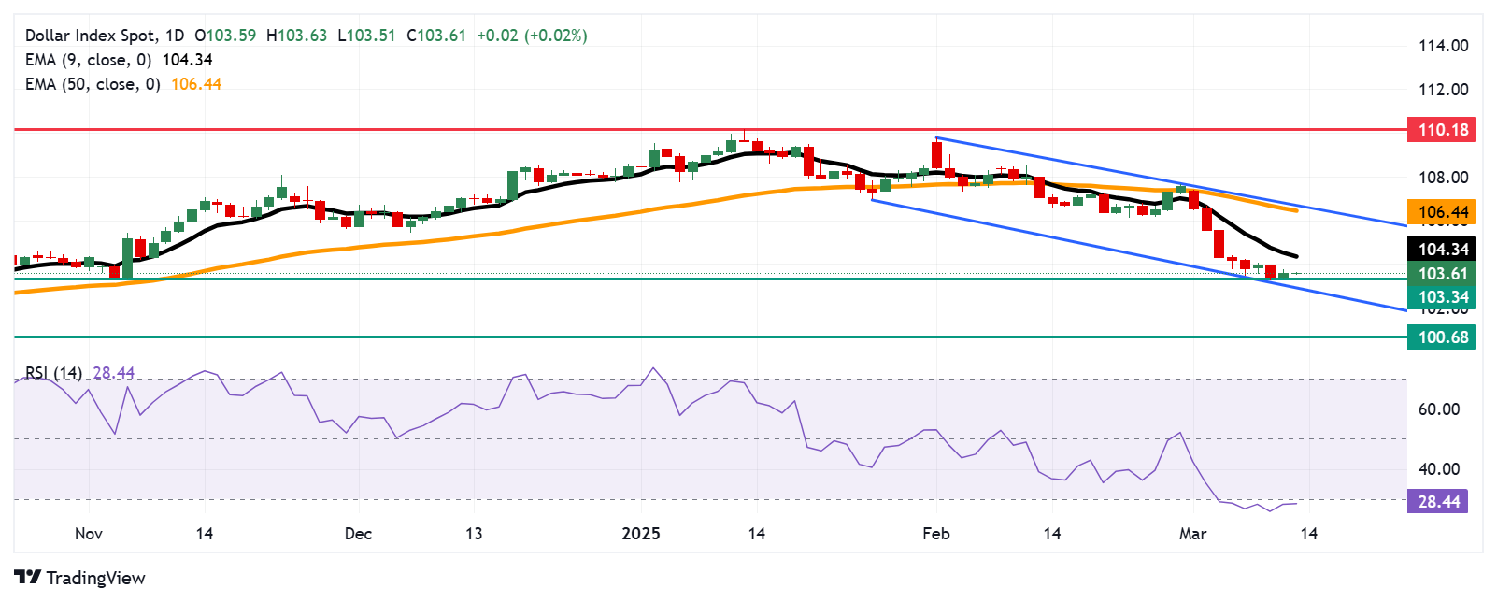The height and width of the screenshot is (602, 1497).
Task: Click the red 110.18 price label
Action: point(1442,130)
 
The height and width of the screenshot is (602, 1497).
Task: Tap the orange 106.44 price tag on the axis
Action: point(1442,212)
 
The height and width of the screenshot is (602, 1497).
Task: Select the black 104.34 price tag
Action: point(1442,249)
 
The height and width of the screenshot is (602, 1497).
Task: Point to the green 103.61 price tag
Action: point(1442,274)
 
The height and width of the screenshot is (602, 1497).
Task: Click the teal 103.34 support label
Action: point(1442,297)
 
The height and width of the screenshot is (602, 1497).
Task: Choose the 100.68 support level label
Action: point(1442,337)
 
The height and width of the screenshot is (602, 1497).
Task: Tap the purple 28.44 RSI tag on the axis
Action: point(1438,502)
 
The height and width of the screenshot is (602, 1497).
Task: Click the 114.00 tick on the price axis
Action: point(1443,46)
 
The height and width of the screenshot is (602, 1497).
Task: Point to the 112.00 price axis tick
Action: point(1443,90)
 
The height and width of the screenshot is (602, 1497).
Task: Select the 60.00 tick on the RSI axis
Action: point(1439,409)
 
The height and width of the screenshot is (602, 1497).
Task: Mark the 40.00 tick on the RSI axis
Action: point(1439,469)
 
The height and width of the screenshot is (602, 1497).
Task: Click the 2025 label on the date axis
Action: point(641,534)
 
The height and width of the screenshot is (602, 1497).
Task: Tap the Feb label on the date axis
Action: point(935,534)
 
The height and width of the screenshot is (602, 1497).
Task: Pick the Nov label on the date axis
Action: point(89,534)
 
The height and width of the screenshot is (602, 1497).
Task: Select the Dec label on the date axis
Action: point(358,534)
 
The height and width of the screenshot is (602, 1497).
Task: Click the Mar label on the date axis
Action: point(1192,534)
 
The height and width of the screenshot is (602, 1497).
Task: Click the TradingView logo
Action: point(80,578)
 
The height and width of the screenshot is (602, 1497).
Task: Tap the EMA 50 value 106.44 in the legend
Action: point(196,84)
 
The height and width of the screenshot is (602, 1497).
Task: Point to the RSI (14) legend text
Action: point(54,373)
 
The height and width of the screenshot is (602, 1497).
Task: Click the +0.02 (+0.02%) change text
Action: point(532,36)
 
